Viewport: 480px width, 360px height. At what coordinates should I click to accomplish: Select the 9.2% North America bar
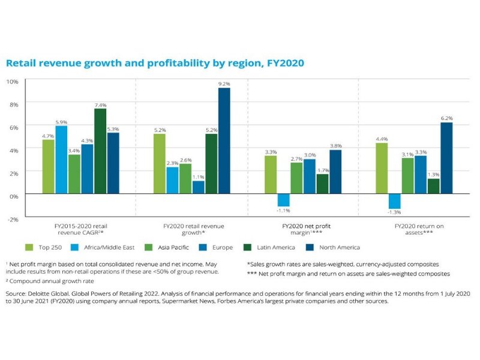(224, 142)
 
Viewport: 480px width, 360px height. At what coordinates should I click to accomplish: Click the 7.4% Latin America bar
(100, 152)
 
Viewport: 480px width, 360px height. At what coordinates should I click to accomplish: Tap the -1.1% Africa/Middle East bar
(284, 201)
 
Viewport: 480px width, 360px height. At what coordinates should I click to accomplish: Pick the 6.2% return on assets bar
(446, 159)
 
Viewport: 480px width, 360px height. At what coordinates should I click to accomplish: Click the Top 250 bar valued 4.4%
(382, 169)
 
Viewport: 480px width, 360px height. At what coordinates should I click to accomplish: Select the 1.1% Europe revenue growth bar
(198, 188)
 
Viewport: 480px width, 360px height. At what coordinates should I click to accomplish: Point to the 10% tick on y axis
(12, 81)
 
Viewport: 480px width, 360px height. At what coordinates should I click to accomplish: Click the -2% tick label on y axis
(12, 218)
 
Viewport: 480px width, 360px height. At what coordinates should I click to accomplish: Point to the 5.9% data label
(62, 121)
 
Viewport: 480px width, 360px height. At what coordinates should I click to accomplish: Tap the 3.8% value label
(335, 145)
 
